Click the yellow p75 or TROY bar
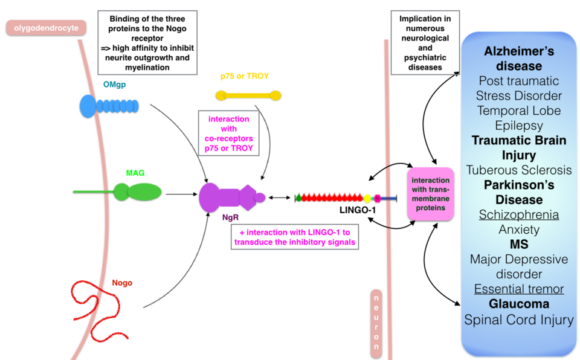248,95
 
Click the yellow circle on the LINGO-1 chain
367,198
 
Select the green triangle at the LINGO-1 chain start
298,198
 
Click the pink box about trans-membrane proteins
430,194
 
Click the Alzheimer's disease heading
518,59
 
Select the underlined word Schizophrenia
518,214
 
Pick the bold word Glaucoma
518,304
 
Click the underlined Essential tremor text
518,289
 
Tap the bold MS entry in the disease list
518,244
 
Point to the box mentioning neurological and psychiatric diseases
425,42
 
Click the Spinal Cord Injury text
518,320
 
